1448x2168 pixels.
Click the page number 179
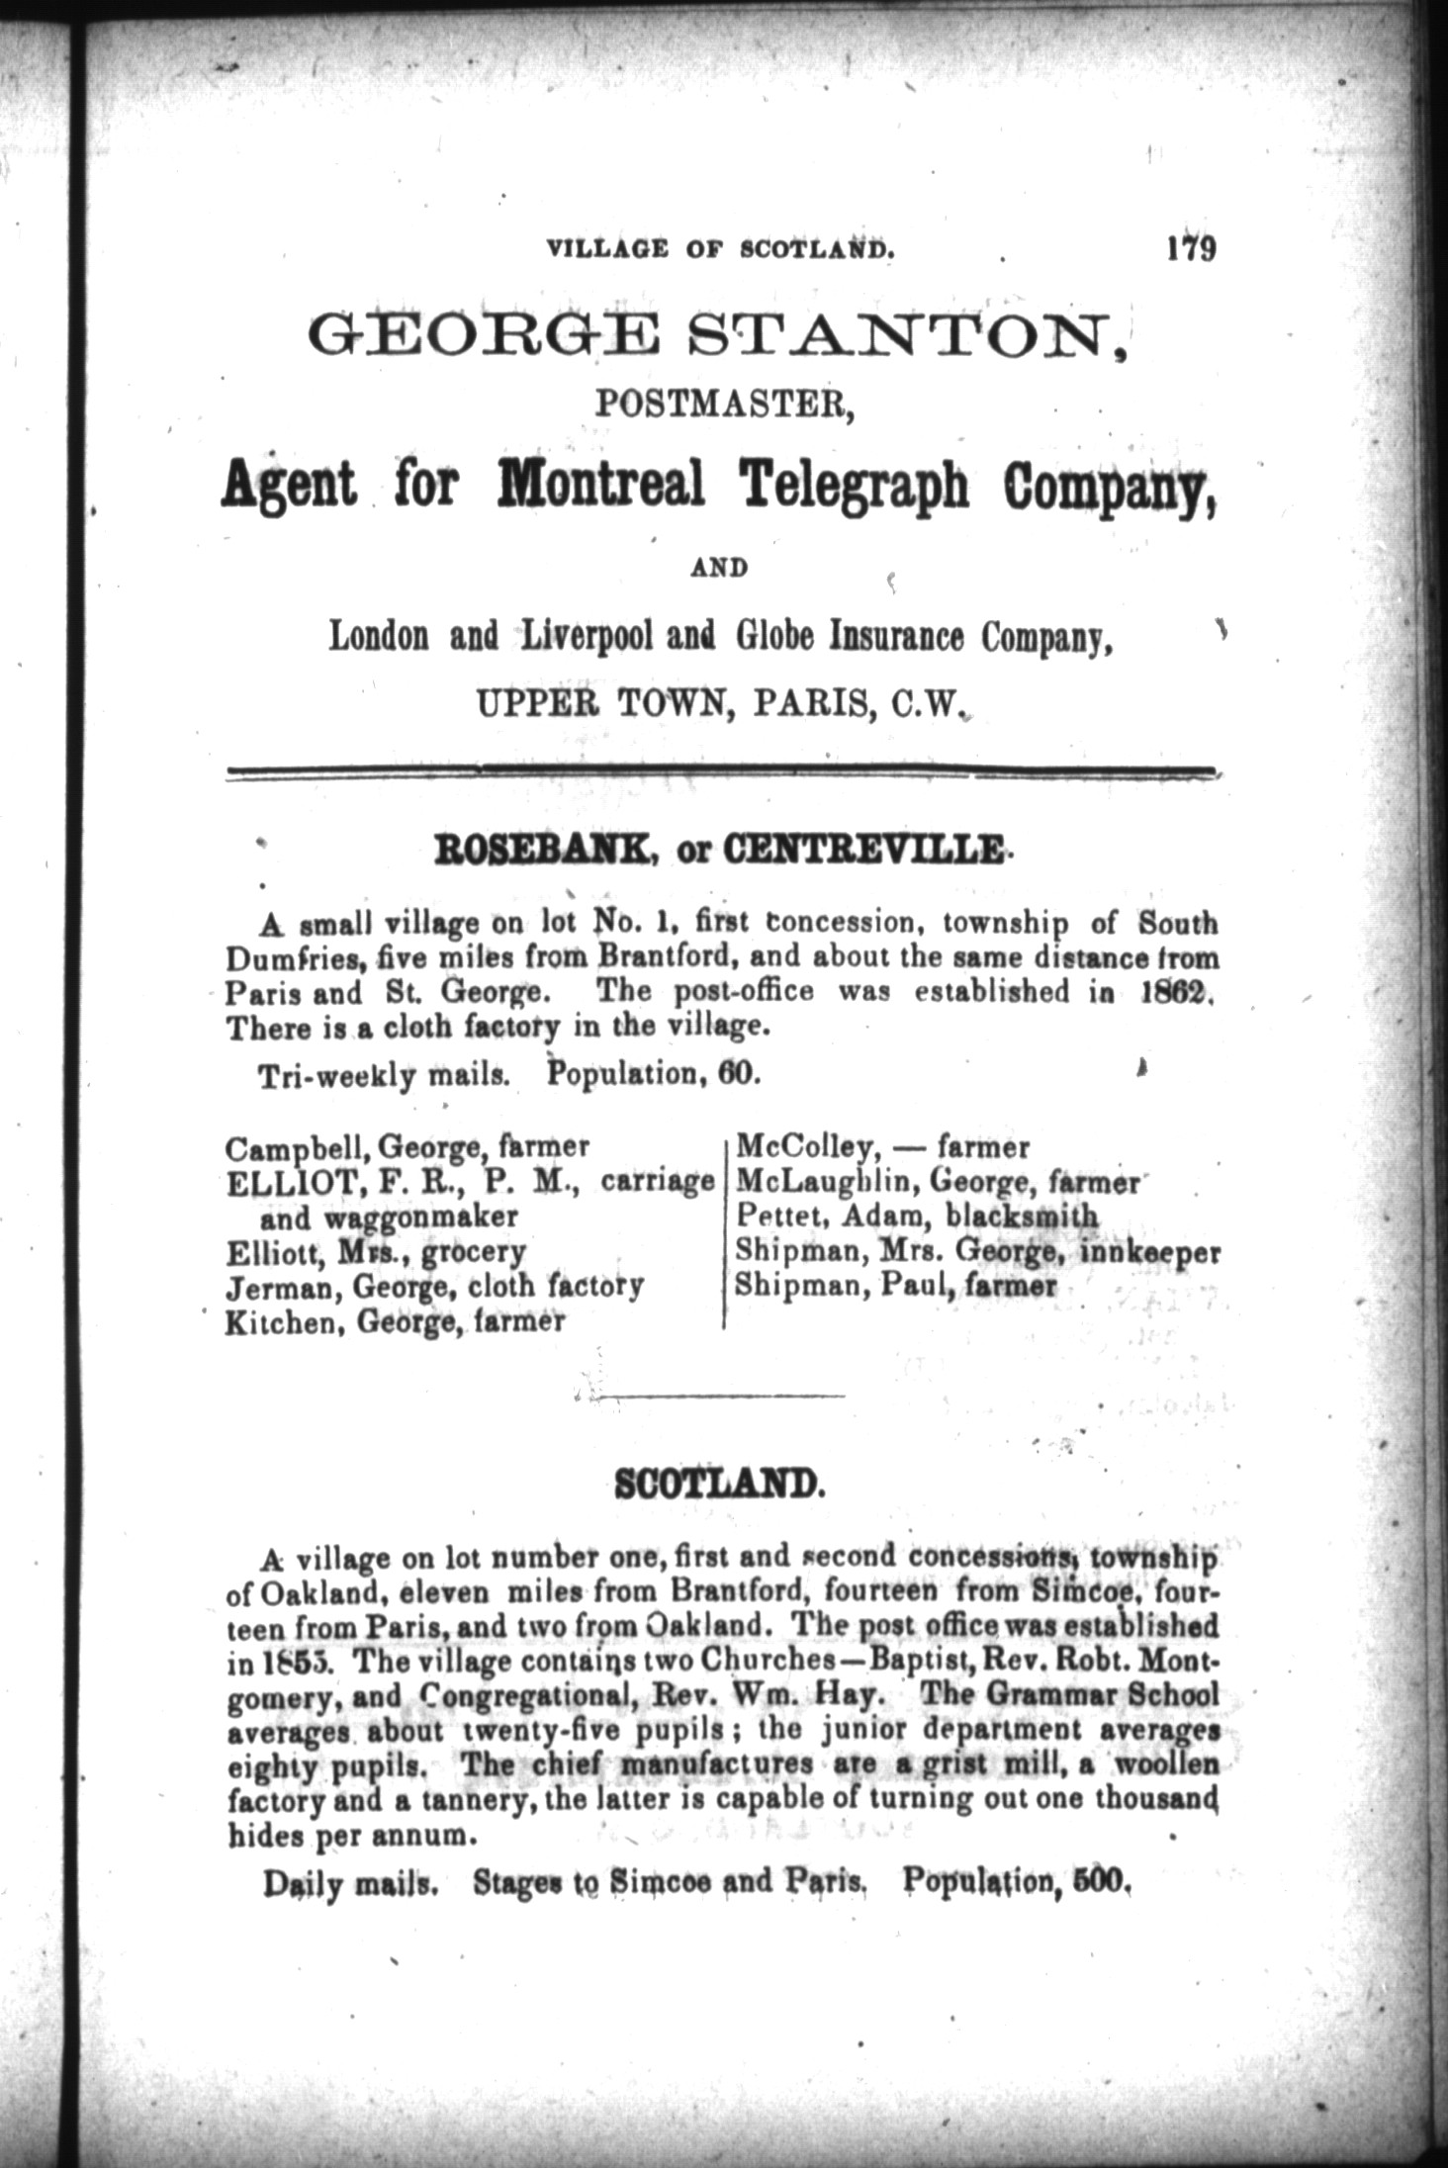(x=1190, y=247)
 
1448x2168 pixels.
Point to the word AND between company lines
(x=719, y=568)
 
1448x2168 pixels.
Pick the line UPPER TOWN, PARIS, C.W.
(x=720, y=703)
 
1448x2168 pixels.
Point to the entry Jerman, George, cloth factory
(x=434, y=1287)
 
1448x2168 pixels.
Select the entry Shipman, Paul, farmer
(x=895, y=1287)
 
